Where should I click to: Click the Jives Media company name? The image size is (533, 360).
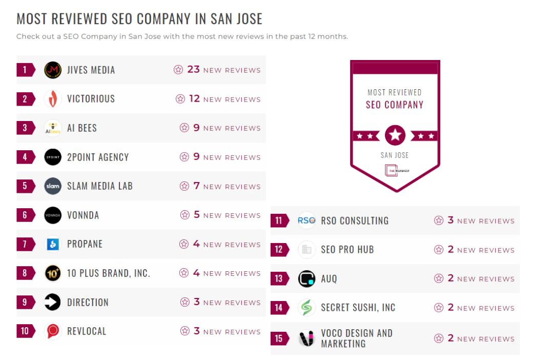(91, 70)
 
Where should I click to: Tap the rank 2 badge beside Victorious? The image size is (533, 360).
(25, 99)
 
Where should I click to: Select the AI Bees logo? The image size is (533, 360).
(53, 128)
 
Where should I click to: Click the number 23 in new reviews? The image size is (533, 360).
(193, 69)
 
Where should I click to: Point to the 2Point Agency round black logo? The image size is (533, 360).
(53, 157)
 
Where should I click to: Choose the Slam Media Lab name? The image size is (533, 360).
(99, 186)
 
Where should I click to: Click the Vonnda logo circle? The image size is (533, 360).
(53, 215)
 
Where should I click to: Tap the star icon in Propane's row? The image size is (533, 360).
(184, 244)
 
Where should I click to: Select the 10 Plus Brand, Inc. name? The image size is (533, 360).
(108, 273)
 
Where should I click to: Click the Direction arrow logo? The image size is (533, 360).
(53, 302)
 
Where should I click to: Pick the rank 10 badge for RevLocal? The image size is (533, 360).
(25, 331)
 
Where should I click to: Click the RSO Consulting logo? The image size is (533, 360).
(306, 221)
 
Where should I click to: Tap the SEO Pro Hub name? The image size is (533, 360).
(347, 250)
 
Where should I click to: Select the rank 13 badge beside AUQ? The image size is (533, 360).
(279, 278)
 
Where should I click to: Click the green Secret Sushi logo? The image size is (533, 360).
(306, 308)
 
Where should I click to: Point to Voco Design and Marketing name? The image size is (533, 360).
(356, 338)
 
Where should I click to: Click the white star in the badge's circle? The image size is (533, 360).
(395, 135)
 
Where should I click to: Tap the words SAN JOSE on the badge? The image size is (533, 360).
(395, 155)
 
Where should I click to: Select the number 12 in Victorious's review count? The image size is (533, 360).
(194, 98)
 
